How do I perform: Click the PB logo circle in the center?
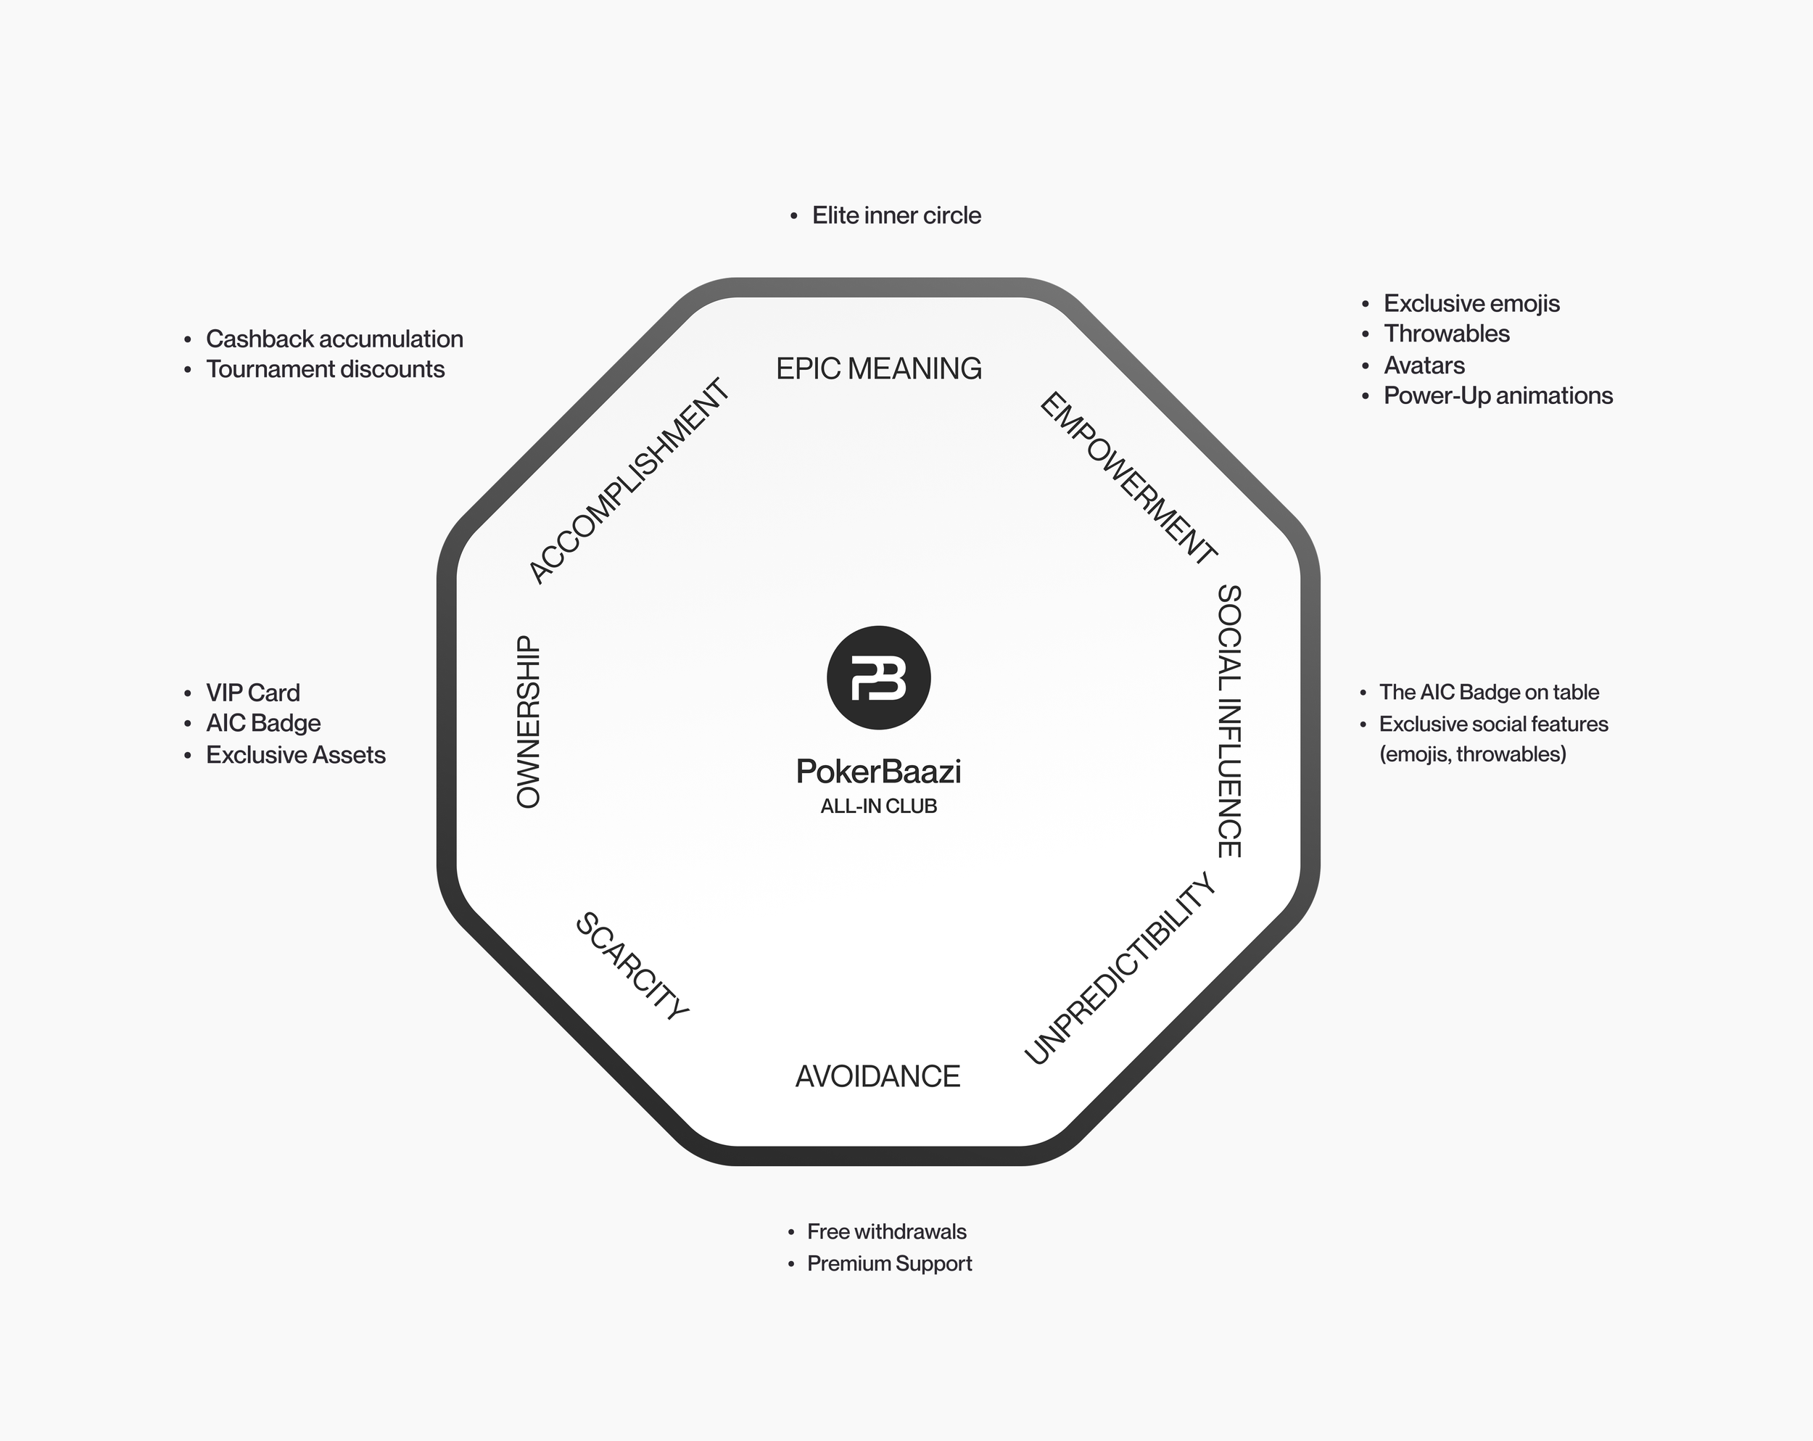[878, 677]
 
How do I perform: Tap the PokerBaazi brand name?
[878, 771]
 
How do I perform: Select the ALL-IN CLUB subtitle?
[878, 806]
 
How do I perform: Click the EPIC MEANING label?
[878, 368]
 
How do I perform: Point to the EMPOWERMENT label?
[1128, 477]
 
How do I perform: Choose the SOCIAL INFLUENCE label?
[1229, 721]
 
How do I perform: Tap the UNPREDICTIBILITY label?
[1119, 968]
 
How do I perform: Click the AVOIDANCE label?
[877, 1076]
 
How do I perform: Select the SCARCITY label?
[632, 966]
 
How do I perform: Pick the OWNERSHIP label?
[528, 722]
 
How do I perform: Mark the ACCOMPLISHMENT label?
[629, 481]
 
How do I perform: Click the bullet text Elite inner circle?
[896, 215]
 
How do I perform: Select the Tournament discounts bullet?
[325, 369]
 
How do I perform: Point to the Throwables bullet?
[1446, 334]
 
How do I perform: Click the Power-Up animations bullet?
[1498, 395]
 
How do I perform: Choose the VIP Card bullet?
[252, 693]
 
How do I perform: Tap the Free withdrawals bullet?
[886, 1231]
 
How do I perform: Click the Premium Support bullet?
[889, 1263]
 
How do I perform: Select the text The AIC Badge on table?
[1488, 692]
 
